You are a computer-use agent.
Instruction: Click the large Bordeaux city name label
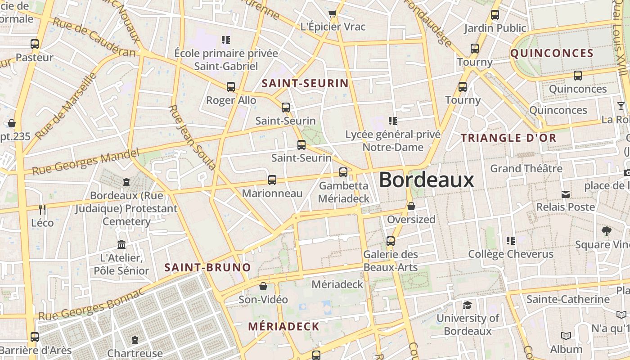coord(427,180)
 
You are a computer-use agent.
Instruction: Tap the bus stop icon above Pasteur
coord(35,44)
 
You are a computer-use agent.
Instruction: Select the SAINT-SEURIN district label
coord(305,83)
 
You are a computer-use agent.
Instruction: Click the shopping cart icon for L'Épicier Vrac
coord(333,14)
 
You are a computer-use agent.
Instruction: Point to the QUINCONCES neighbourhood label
coord(552,53)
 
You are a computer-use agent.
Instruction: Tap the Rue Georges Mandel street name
coord(85,162)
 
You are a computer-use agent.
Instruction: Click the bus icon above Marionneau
coord(272,180)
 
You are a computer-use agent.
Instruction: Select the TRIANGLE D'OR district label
coord(509,138)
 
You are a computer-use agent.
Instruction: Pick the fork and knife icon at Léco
coord(42,209)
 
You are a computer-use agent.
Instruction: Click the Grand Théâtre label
coord(526,169)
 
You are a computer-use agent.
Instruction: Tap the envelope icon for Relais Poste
coord(566,194)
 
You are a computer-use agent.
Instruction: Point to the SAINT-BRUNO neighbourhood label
coord(207,267)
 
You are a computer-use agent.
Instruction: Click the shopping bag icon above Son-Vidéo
coord(263,287)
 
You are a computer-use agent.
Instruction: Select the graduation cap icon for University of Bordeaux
coord(468,306)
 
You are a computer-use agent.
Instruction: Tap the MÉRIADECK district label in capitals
coord(283,326)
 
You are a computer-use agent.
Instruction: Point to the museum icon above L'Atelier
coord(121,245)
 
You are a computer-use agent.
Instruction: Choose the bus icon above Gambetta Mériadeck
coord(343,172)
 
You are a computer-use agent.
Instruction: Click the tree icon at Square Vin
coord(606,232)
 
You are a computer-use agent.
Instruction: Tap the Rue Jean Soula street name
coord(192,137)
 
